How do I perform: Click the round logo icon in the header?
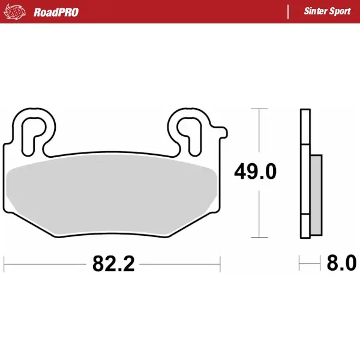(17, 11)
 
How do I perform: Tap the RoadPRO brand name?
(56, 12)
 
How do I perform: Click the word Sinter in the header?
(315, 12)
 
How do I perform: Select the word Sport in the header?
(340, 12)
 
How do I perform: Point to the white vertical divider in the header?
(288, 12)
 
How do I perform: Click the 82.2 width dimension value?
(112, 263)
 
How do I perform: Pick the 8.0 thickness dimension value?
(341, 263)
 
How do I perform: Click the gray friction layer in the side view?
(316, 194)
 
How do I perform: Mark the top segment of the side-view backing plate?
(304, 127)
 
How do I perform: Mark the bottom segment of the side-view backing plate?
(304, 226)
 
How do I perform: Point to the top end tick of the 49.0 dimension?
(259, 109)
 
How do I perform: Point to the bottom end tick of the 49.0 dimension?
(259, 237)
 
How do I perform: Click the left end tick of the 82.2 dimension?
(4, 263)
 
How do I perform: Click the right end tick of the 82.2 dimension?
(221, 263)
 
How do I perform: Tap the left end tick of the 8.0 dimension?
(299, 263)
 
